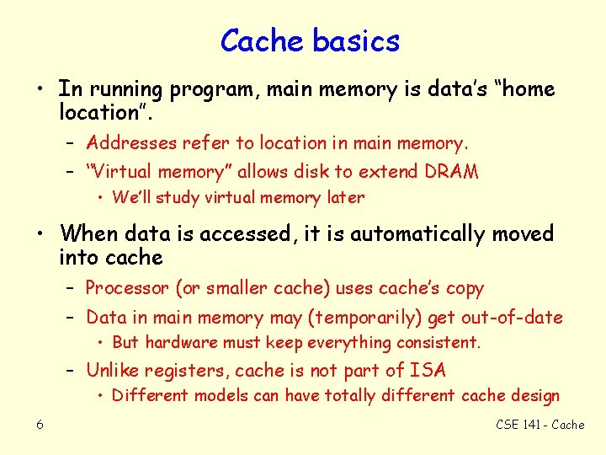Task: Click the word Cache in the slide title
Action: [261, 40]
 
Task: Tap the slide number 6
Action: [40, 424]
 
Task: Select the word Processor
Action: [127, 288]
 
